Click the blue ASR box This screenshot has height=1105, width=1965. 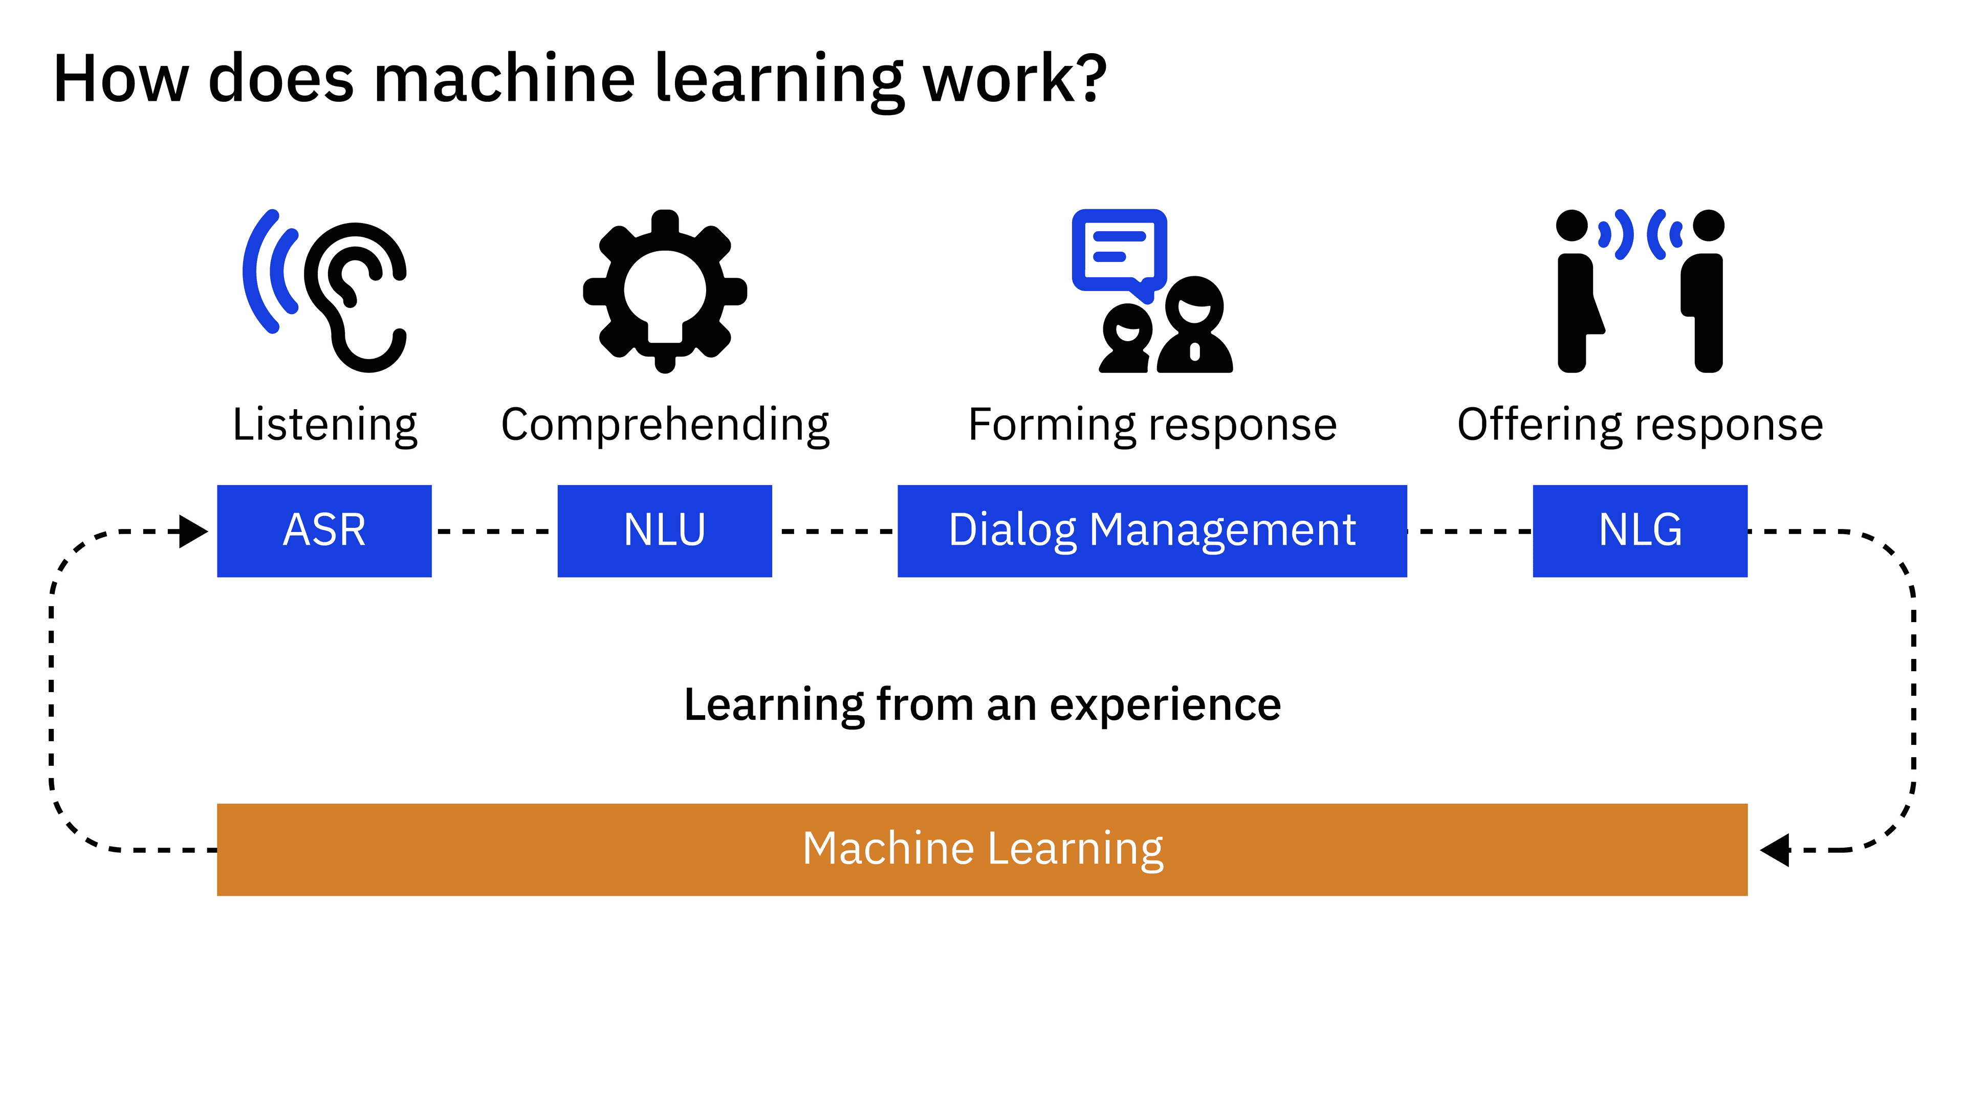324,531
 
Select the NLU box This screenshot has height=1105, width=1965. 664,531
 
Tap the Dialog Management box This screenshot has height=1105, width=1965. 1152,531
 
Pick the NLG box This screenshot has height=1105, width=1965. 1640,531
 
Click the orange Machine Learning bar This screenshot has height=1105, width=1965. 982,850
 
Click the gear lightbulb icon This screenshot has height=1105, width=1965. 664,291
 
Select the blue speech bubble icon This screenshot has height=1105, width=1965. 1119,252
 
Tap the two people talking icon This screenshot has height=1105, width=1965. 1640,291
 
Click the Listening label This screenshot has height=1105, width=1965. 324,424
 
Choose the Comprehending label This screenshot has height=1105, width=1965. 664,424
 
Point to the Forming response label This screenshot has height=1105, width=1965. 1152,424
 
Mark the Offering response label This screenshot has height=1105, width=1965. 1640,424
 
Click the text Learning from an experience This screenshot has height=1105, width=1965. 982,704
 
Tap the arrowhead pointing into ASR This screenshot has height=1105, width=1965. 192,531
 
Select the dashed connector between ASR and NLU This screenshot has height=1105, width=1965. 494,531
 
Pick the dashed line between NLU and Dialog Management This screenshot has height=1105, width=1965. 835,531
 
